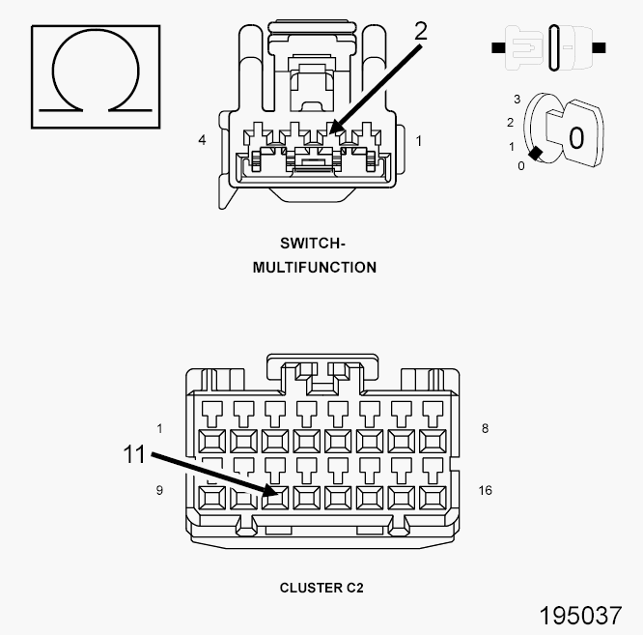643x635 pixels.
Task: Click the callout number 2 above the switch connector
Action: pyautogui.click(x=420, y=30)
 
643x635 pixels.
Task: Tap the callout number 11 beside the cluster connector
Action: pyautogui.click(x=135, y=453)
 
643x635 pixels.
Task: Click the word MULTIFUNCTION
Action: pyautogui.click(x=314, y=267)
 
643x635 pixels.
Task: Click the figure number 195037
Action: pyautogui.click(x=580, y=616)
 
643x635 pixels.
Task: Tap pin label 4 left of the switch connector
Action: pyautogui.click(x=202, y=140)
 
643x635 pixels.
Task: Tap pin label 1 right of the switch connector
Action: pyautogui.click(x=418, y=140)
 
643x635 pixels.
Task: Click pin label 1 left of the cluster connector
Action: pyautogui.click(x=159, y=428)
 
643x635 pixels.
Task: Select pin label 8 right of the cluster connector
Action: pyautogui.click(x=484, y=428)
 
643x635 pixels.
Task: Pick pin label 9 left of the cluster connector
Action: pyautogui.click(x=159, y=490)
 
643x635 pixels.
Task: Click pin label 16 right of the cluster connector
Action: pyautogui.click(x=485, y=490)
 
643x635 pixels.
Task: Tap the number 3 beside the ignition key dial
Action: pyautogui.click(x=517, y=100)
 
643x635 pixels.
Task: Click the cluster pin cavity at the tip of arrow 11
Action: pyautogui.click(x=276, y=499)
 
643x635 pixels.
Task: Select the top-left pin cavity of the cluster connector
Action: pyautogui.click(x=212, y=442)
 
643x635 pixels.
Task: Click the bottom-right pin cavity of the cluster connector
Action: pyautogui.click(x=433, y=499)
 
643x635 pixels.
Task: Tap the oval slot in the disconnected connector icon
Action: pyautogui.click(x=553, y=46)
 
